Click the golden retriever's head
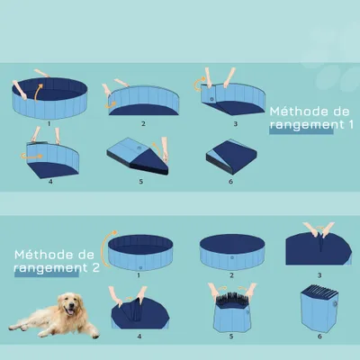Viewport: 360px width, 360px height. click(x=67, y=307)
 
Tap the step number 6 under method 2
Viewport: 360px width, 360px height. click(x=319, y=337)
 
